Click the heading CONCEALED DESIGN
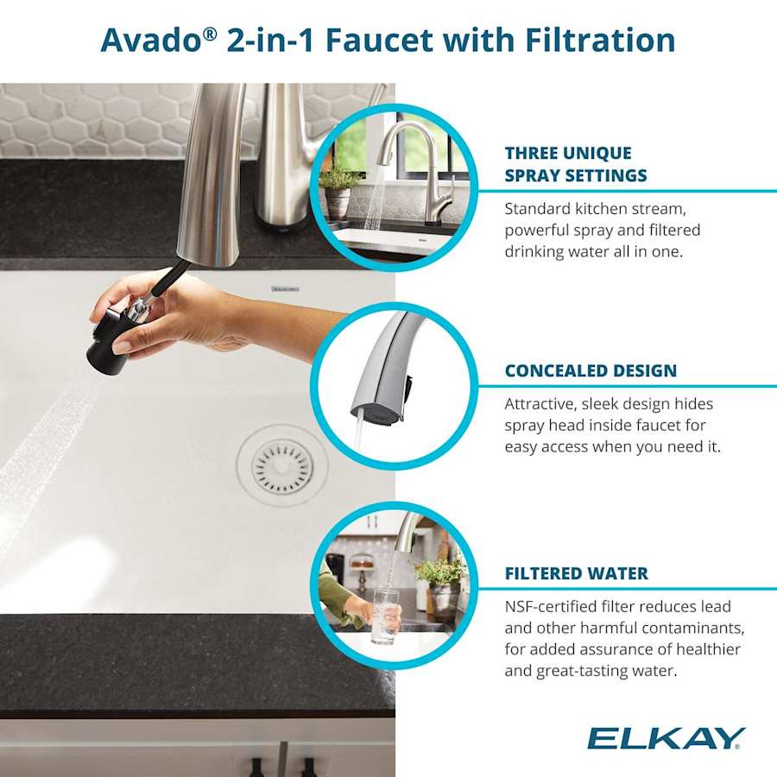(x=591, y=371)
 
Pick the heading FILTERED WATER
(x=576, y=573)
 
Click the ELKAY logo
(x=666, y=738)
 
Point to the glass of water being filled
(x=385, y=614)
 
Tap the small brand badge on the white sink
(x=285, y=289)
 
